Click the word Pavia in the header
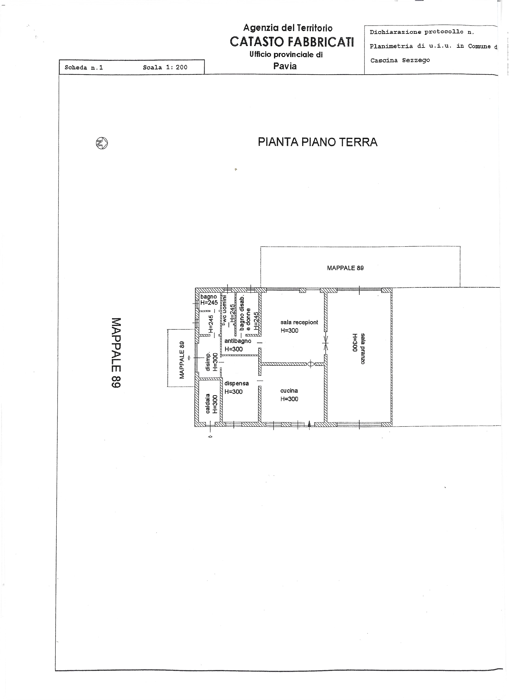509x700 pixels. [285, 66]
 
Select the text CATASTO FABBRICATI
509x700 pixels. [292, 42]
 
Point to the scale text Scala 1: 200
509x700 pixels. [165, 67]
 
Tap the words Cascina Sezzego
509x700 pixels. [400, 60]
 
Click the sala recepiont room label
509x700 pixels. [299, 322]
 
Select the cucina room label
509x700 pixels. [289, 391]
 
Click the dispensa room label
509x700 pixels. [236, 384]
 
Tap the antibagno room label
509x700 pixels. [238, 341]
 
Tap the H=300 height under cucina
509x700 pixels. [289, 399]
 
